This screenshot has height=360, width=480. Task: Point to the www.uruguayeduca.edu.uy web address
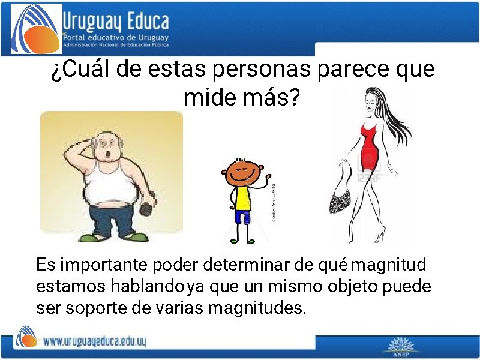click(x=95, y=341)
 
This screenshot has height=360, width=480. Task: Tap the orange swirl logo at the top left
click(x=36, y=28)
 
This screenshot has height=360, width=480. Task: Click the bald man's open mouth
click(x=107, y=155)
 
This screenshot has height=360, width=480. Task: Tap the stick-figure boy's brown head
click(x=240, y=172)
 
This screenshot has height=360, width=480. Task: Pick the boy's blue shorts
click(x=242, y=217)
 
